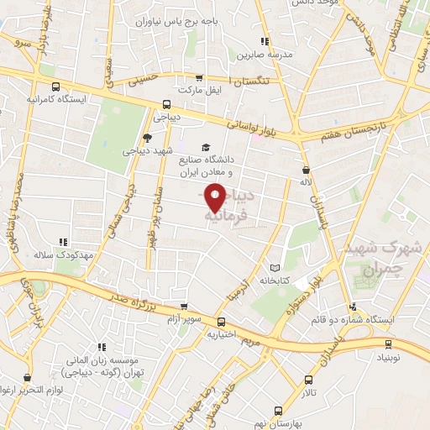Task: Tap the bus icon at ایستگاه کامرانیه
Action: [55, 87]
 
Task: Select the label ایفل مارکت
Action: [198, 88]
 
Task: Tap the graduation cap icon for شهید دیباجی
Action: [148, 139]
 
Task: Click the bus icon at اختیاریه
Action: [221, 322]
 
